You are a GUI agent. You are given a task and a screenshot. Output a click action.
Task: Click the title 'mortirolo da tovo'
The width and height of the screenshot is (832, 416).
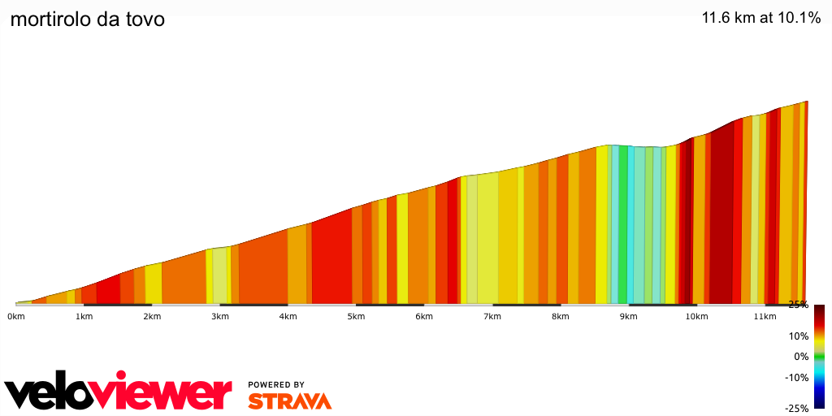click(87, 19)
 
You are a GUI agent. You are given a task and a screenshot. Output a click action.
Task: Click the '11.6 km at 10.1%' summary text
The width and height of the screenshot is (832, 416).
click(761, 17)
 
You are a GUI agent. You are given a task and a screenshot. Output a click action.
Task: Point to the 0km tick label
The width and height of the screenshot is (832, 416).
click(15, 316)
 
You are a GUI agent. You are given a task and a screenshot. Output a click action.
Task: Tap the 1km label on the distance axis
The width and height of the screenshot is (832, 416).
click(83, 316)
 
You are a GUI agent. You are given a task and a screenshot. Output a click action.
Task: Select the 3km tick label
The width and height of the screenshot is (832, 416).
click(219, 316)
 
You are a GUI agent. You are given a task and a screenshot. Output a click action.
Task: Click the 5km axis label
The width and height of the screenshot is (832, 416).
click(355, 316)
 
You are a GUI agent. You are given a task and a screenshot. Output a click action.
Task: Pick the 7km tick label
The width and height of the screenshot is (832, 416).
click(492, 316)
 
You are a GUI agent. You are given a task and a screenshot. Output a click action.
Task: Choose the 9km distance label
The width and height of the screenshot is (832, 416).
click(627, 316)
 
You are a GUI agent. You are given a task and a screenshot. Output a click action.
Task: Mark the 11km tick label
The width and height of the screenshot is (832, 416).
click(764, 316)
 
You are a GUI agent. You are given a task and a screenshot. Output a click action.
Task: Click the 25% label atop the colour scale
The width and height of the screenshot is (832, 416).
click(798, 305)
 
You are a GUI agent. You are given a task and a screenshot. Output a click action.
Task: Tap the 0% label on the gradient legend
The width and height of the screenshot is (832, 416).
click(800, 356)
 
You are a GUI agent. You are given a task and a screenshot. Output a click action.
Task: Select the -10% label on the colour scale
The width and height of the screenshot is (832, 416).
click(797, 377)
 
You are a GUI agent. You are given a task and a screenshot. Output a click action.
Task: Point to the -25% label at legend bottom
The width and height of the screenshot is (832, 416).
click(797, 408)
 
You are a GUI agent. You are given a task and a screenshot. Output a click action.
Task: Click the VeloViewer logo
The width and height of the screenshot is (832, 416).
click(119, 392)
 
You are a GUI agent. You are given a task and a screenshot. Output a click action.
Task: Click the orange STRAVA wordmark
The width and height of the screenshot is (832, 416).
click(289, 401)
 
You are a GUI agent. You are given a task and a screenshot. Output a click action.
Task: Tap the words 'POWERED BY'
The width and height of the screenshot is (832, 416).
click(276, 385)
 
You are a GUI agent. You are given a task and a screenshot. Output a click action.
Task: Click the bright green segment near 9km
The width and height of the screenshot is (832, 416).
click(623, 227)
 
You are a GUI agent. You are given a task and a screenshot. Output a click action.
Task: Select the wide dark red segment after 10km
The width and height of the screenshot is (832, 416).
click(721, 219)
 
